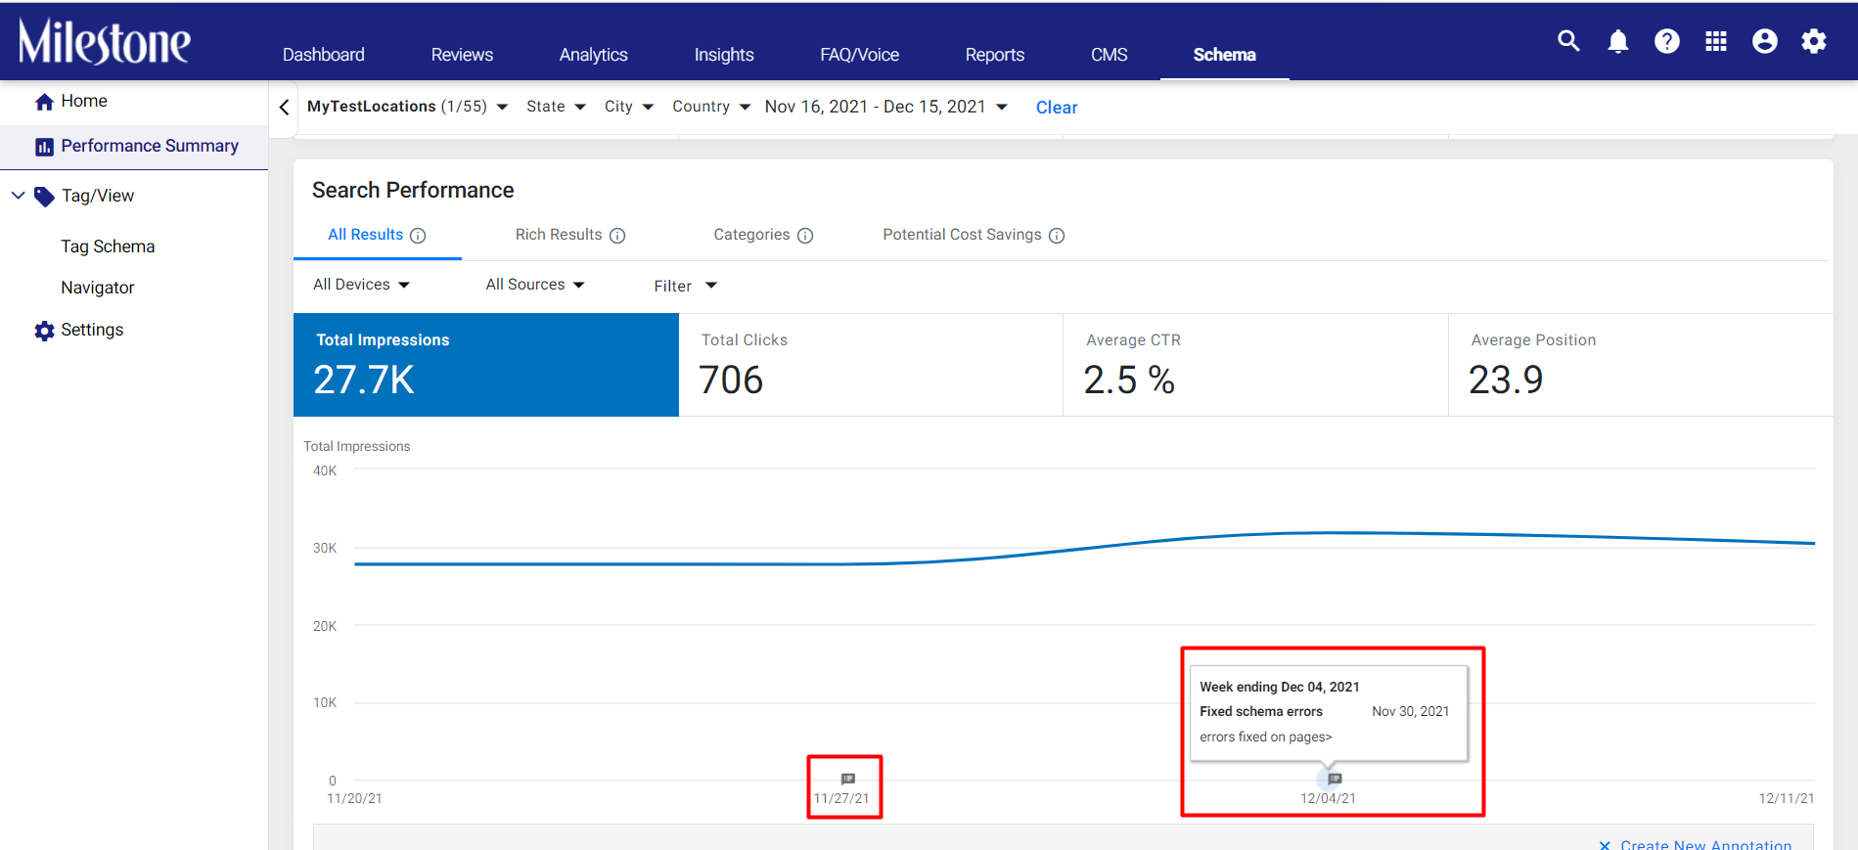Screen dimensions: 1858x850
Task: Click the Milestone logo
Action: [105, 41]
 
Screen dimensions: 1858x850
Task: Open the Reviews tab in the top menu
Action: [462, 55]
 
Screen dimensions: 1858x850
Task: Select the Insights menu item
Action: [724, 55]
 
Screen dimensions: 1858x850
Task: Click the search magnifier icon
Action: [1568, 40]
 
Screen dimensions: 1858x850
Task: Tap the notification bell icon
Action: [1618, 41]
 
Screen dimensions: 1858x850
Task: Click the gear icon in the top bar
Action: [1814, 41]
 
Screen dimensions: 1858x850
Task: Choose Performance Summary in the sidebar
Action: [150, 146]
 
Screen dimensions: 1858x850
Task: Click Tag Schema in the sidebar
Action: [108, 246]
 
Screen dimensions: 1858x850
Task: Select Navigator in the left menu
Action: [98, 288]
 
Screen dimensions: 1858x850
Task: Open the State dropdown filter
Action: [556, 107]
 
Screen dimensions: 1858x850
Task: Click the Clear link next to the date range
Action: [1057, 108]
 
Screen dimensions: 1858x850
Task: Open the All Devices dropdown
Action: [361, 285]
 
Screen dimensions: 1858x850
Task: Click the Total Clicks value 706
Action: [731, 380]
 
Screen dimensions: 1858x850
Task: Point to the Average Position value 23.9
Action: [1506, 380]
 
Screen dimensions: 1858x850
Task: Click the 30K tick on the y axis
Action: [325, 548]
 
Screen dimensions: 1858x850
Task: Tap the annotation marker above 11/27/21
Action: [848, 779]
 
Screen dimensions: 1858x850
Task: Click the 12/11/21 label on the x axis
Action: [1787, 798]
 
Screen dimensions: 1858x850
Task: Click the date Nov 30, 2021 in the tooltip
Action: [1410, 711]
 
